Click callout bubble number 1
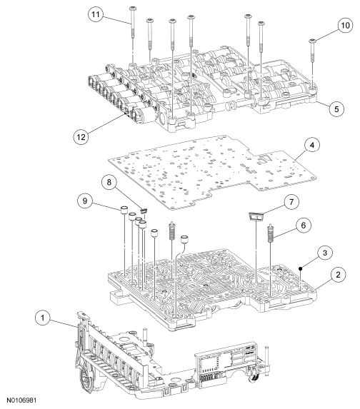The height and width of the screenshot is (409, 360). pyautogui.click(x=43, y=318)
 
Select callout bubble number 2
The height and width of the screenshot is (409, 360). pyautogui.click(x=339, y=275)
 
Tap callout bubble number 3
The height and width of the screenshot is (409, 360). pyautogui.click(x=325, y=253)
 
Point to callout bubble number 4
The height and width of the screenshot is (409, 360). pyautogui.click(x=312, y=145)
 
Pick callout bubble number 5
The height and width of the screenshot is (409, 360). pyautogui.click(x=336, y=108)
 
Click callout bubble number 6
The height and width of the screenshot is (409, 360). pyautogui.click(x=304, y=225)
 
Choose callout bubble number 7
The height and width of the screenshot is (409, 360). pyautogui.click(x=291, y=201)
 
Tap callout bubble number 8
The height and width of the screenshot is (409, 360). pyautogui.click(x=109, y=182)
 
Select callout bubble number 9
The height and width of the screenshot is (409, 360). pyautogui.click(x=85, y=201)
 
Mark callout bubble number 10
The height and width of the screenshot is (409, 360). pyautogui.click(x=345, y=25)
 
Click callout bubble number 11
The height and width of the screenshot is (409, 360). pyautogui.click(x=96, y=14)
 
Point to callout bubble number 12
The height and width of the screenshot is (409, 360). pyautogui.click(x=81, y=136)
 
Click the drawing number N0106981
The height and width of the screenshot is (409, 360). pyautogui.click(x=21, y=400)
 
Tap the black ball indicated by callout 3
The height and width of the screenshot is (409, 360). pyautogui.click(x=301, y=268)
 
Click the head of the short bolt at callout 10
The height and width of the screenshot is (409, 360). pyautogui.click(x=312, y=41)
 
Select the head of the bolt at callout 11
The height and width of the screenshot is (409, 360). pyautogui.click(x=132, y=8)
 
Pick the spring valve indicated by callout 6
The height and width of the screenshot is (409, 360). pyautogui.click(x=270, y=233)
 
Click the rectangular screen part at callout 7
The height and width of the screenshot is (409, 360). pyautogui.click(x=256, y=216)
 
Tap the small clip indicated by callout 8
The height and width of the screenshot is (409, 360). pyautogui.click(x=144, y=211)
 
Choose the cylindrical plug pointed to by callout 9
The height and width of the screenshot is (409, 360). pyautogui.click(x=124, y=210)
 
